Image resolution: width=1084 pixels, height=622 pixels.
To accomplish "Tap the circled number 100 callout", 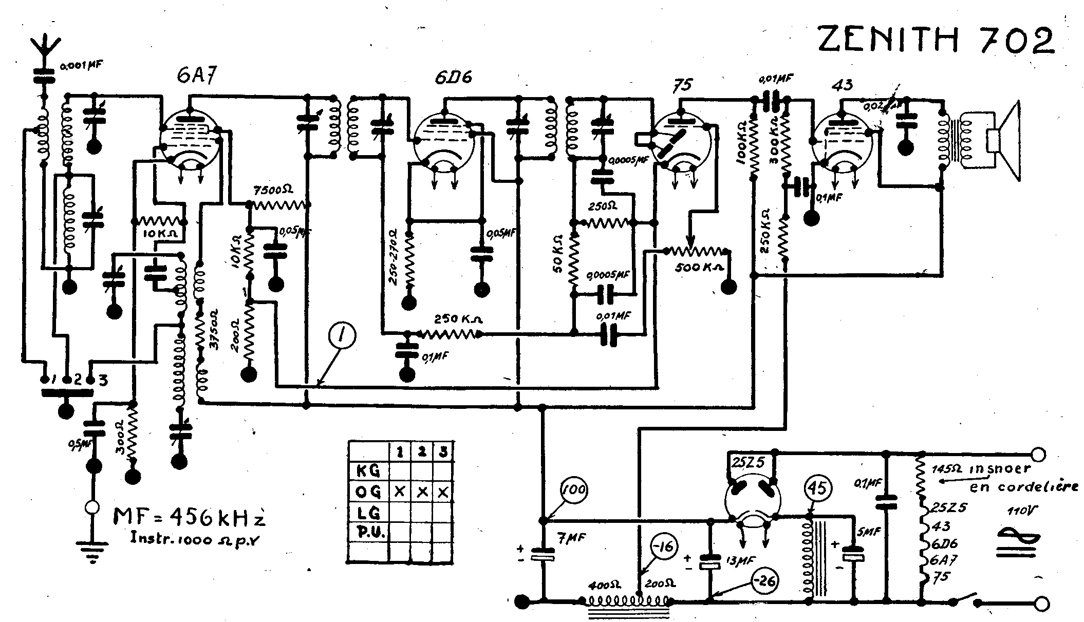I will click(574, 491).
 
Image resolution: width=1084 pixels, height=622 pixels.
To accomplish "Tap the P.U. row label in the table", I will click(368, 532).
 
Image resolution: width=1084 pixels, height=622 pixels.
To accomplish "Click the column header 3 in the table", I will click(443, 453).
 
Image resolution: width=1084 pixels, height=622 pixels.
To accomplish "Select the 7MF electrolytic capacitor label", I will click(572, 538).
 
